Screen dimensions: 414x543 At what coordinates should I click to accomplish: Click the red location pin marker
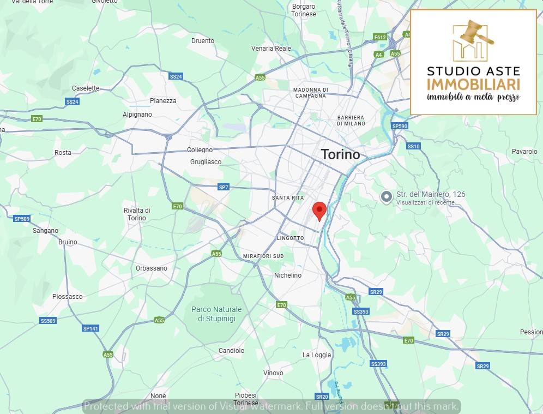click(x=319, y=210)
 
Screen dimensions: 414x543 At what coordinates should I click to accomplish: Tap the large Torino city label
click(x=341, y=154)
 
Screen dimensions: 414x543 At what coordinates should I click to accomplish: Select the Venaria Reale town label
click(x=271, y=48)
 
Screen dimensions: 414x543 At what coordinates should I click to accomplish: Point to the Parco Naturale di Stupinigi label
click(x=216, y=314)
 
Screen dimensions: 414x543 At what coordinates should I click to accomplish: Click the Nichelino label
click(x=288, y=275)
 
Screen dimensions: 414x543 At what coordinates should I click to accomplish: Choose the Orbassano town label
click(x=152, y=268)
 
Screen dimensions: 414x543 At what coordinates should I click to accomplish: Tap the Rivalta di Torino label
click(x=136, y=214)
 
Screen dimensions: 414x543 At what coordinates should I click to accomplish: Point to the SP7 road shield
click(x=224, y=187)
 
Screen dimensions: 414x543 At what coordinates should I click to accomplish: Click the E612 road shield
click(x=380, y=37)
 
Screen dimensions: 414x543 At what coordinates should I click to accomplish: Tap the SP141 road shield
click(x=90, y=328)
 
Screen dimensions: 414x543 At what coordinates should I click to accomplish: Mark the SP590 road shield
click(x=400, y=126)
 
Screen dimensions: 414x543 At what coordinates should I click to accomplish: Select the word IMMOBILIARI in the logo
click(x=473, y=84)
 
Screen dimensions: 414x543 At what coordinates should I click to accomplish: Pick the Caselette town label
click(x=86, y=88)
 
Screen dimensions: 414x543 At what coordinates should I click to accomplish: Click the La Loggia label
click(x=317, y=355)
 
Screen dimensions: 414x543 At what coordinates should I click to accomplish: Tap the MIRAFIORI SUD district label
click(x=263, y=256)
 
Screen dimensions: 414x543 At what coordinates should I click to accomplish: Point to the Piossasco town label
click(x=68, y=296)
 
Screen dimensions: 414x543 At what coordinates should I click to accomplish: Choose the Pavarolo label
click(x=524, y=151)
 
